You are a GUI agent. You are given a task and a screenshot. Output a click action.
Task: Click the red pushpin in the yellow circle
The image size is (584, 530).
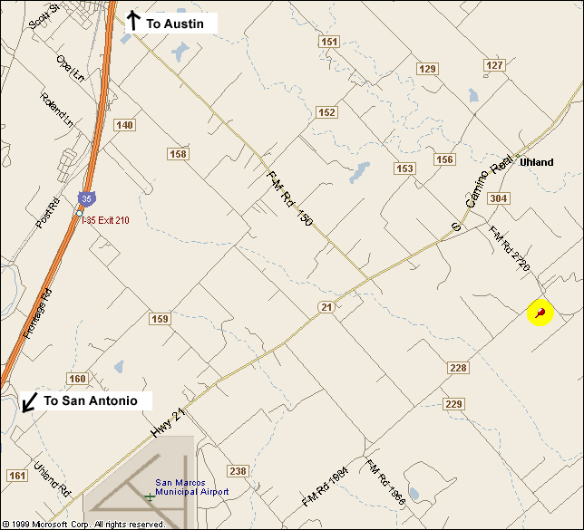tap(540, 313)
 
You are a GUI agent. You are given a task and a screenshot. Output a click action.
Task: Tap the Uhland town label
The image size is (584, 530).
tap(536, 162)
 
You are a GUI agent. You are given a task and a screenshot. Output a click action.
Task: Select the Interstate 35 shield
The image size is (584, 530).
tap(84, 198)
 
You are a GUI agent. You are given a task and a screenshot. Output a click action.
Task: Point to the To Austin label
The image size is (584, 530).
tap(177, 24)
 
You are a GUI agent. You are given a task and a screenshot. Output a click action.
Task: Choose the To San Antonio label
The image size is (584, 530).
tap(90, 400)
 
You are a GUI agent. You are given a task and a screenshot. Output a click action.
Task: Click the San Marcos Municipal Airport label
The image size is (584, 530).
tap(191, 487)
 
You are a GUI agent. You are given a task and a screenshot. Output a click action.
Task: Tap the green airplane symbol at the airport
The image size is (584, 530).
tap(150, 496)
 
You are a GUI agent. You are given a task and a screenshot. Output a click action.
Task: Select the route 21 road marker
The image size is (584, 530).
tap(326, 308)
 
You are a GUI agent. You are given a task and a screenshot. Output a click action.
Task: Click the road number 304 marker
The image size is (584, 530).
tap(498, 198)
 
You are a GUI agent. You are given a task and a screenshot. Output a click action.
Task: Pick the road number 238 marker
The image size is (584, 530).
tap(238, 471)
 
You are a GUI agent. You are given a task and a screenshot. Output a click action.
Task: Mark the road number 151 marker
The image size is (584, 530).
tap(329, 42)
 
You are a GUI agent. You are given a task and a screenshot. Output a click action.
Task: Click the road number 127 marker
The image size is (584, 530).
tap(494, 65)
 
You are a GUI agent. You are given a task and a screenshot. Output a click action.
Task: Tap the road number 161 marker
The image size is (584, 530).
tap(16, 475)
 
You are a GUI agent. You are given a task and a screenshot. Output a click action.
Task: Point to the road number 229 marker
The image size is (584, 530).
tap(454, 403)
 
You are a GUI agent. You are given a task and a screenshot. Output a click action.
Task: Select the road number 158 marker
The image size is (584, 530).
tap(178, 154)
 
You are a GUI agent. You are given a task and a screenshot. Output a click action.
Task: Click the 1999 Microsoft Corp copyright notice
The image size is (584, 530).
tap(83, 524)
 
